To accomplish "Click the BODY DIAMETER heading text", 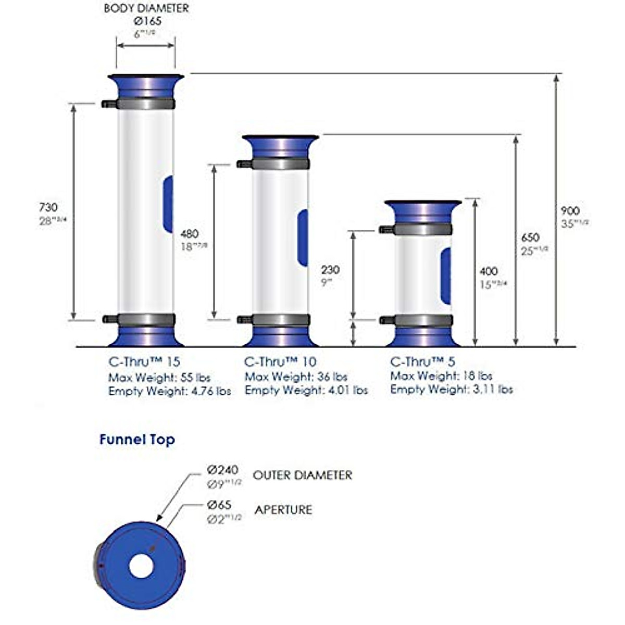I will (146, 8).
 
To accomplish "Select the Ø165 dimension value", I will (147, 21).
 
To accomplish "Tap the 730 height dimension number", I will (48, 207).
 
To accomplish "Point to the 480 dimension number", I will (190, 234).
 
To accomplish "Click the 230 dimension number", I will (330, 270).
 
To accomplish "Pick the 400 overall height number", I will (488, 271).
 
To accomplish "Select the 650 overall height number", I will (530, 238).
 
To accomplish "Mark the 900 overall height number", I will (570, 211).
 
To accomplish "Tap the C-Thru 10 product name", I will (280, 361).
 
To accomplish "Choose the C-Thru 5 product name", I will (422, 361).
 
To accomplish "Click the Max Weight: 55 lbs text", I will (159, 377).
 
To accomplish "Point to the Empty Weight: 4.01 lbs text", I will (306, 390).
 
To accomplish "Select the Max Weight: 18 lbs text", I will (441, 376).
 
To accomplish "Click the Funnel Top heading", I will (137, 440).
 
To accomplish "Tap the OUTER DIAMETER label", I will (302, 475).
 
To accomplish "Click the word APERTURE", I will (283, 509).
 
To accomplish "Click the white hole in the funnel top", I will (141, 566).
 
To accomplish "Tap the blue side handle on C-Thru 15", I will (168, 204).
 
